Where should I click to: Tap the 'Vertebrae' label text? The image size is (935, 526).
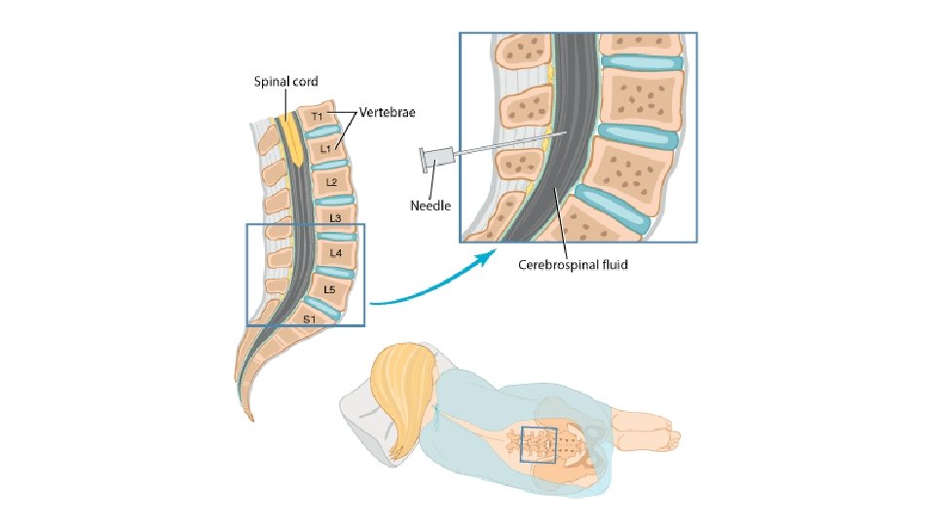[388, 113]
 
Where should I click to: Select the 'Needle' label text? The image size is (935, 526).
[430, 206]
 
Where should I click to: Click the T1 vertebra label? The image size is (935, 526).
[318, 118]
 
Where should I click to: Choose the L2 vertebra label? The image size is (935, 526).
[332, 182]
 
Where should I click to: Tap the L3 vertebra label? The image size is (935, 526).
[335, 217]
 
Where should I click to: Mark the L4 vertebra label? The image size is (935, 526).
[335, 253]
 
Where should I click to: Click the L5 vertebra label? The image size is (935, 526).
[329, 289]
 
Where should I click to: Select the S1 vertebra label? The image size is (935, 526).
[309, 319]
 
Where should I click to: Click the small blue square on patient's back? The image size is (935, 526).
[539, 444]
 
